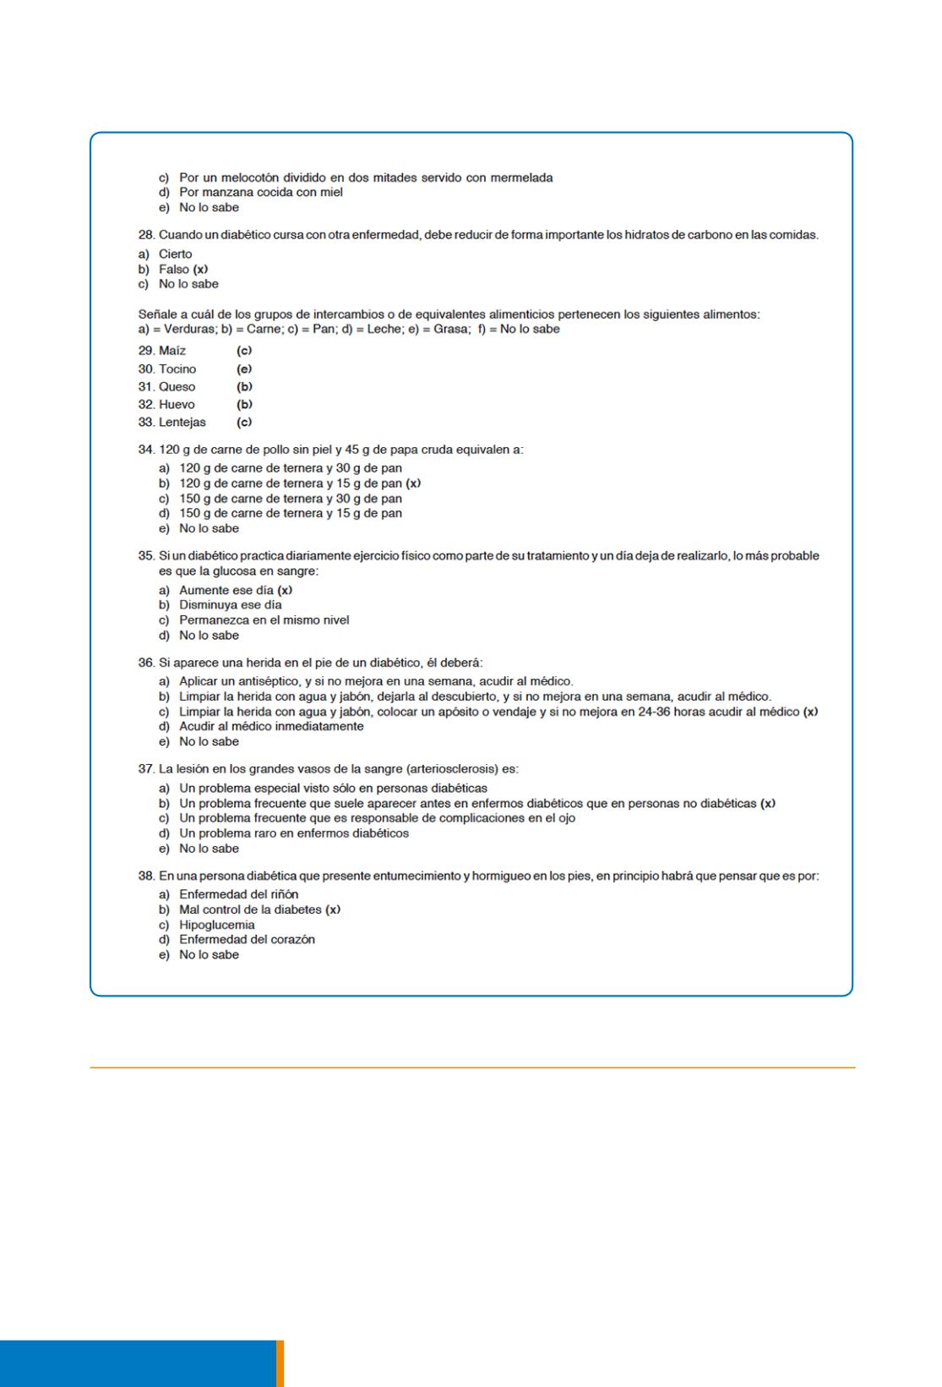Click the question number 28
click(146, 235)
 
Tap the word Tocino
click(177, 369)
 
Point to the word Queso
click(177, 387)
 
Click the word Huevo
click(177, 405)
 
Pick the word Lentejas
click(182, 423)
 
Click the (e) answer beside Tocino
click(245, 369)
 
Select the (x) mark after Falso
click(201, 270)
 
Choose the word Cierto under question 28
click(176, 254)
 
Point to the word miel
click(330, 193)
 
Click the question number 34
click(146, 450)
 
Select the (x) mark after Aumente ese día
click(286, 591)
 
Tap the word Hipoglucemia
click(217, 925)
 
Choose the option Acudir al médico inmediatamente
click(271, 727)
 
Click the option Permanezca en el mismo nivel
click(264, 620)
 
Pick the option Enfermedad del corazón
click(247, 940)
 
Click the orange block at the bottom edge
click(280, 1362)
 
